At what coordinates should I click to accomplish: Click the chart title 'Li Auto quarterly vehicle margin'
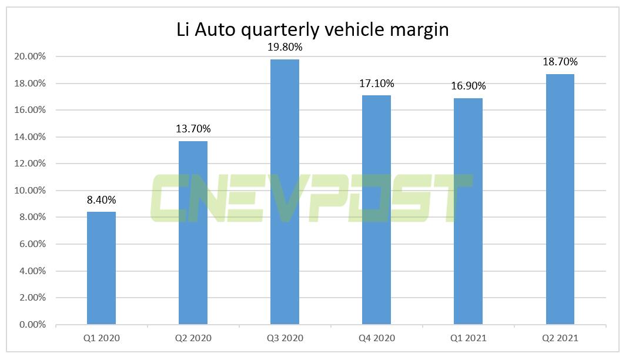(x=313, y=29)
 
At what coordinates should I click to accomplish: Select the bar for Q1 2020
(x=101, y=268)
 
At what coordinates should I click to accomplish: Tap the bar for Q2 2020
(x=193, y=232)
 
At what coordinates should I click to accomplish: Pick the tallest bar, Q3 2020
(x=285, y=191)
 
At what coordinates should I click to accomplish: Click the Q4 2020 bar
(x=376, y=209)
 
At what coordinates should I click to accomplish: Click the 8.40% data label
(x=101, y=200)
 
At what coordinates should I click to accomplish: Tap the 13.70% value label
(x=193, y=129)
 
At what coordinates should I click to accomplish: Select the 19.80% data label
(x=285, y=47)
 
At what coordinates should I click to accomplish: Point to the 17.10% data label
(x=376, y=84)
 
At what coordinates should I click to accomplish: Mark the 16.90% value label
(x=468, y=86)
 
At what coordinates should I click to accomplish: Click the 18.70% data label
(x=560, y=62)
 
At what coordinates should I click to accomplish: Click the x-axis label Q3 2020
(x=285, y=338)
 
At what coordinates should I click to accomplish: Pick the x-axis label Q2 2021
(x=560, y=338)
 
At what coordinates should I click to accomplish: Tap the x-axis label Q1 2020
(x=101, y=338)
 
